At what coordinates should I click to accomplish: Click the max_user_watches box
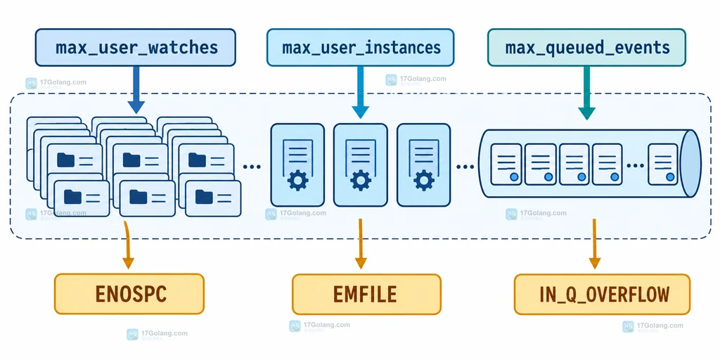click(136, 47)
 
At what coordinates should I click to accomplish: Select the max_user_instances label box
click(361, 47)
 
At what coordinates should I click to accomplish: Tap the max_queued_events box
click(586, 47)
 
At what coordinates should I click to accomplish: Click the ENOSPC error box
click(129, 294)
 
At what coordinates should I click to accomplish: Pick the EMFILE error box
click(366, 294)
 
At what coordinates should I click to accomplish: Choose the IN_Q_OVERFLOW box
click(602, 294)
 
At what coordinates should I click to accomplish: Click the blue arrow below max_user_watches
click(136, 89)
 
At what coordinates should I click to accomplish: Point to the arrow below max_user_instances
click(361, 92)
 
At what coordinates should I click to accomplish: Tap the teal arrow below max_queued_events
click(586, 93)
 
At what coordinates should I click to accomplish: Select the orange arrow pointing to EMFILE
click(361, 244)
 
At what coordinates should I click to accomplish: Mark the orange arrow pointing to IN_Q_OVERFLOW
click(595, 244)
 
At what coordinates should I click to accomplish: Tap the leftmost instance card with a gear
click(297, 165)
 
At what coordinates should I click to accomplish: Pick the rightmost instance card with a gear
click(423, 165)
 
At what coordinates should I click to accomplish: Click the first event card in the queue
click(506, 164)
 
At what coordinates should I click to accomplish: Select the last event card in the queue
click(663, 164)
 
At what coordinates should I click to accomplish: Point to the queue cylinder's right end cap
click(690, 164)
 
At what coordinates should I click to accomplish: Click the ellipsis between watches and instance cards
click(252, 167)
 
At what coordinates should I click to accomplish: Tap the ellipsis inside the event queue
click(636, 165)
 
